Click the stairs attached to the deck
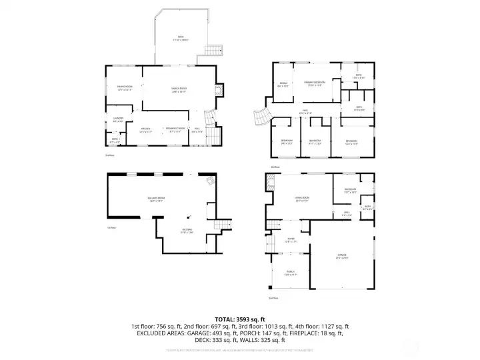(x=213, y=50)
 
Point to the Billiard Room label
(x=156, y=199)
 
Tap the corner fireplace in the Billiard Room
(x=211, y=181)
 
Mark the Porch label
(x=291, y=272)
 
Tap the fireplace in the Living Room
(x=269, y=181)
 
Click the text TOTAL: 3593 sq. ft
(x=239, y=319)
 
